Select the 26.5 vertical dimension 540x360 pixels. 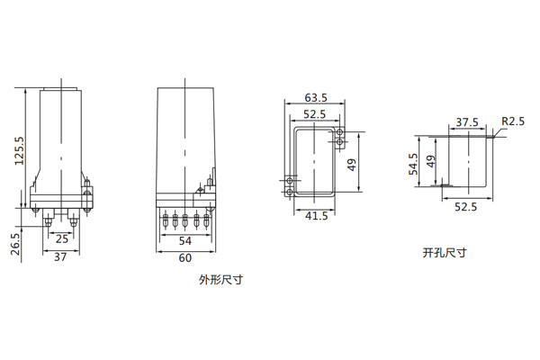tap(16, 244)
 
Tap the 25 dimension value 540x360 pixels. tap(61, 239)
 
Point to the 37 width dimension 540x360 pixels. tap(60, 257)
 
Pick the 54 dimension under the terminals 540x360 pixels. tap(185, 242)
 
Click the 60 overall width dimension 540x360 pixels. tap(184, 259)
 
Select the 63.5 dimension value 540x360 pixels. tap(316, 97)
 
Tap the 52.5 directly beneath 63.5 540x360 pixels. tap(314, 114)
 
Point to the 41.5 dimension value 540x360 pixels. tap(315, 217)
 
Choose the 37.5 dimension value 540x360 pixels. tap(466, 122)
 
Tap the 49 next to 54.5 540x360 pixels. tap(431, 163)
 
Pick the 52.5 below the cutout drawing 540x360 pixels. tap(465, 207)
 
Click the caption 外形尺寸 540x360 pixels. tap(221, 280)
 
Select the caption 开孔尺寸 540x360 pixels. tap(445, 253)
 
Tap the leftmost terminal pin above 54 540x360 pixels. tap(167, 219)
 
